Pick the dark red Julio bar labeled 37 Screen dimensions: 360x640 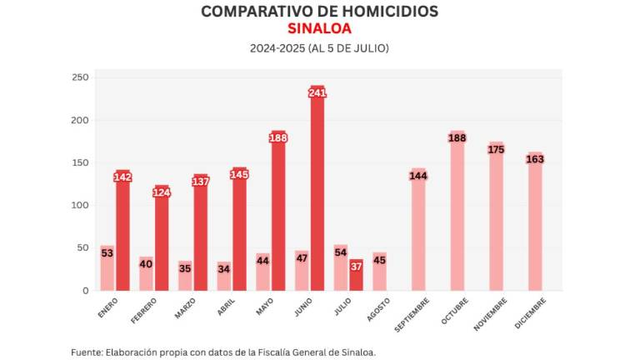[357, 277]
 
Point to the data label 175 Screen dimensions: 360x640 [496, 150]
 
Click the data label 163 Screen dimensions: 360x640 [535, 159]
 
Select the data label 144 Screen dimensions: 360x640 [418, 176]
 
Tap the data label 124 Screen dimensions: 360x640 [162, 193]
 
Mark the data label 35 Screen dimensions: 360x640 [185, 269]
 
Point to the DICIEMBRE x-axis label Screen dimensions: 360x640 [530, 312]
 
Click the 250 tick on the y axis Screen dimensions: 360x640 [80, 77]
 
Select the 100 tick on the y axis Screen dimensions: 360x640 [80, 205]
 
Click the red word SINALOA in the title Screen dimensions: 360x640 [319, 29]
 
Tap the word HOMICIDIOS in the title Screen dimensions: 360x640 [382, 12]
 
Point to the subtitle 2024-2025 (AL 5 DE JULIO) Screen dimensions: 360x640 [319, 48]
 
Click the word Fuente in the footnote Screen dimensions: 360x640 [87, 352]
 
